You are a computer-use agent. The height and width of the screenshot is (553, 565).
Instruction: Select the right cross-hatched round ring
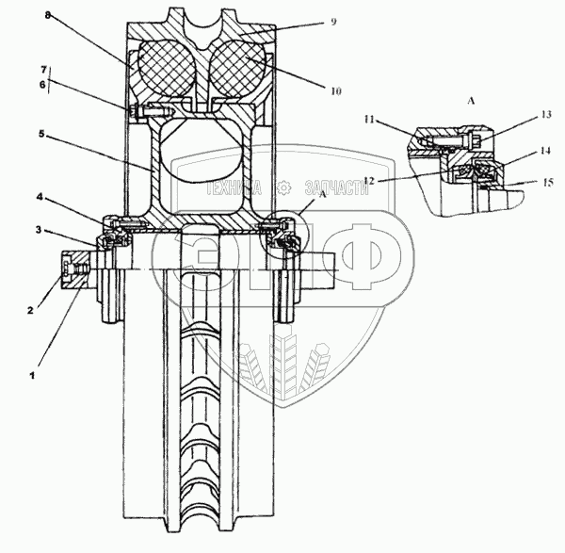coord(234,71)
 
